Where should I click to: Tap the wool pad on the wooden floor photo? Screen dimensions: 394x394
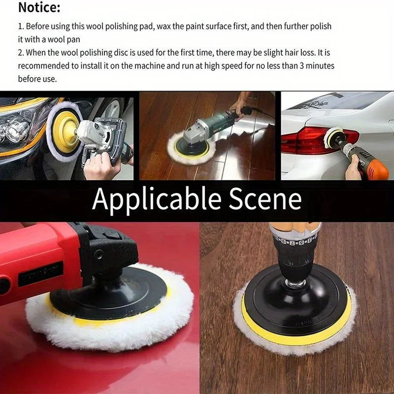pyautogui.click(x=190, y=150)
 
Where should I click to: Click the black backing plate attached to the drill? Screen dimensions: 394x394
pyautogui.click(x=295, y=300)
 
